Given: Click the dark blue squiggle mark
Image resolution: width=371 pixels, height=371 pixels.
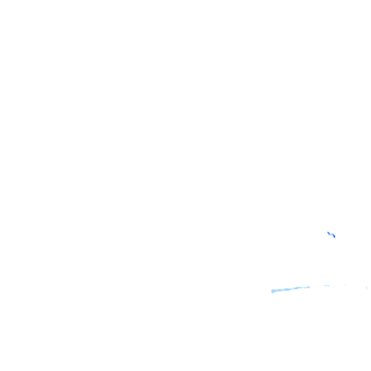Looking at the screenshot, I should (331, 234).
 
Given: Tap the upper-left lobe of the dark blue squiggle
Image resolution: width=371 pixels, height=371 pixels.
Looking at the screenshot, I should (328, 233).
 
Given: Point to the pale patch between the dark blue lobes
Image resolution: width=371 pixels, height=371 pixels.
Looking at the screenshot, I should (331, 234).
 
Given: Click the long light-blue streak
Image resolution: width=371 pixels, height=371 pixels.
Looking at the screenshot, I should (290, 289).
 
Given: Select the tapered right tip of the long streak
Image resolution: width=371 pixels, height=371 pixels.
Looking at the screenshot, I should (309, 287).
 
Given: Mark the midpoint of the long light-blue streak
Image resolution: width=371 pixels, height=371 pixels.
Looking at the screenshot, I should (291, 289).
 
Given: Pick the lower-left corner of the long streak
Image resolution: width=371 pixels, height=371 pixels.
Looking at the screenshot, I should (272, 292).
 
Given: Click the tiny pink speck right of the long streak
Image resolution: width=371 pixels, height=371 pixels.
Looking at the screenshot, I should (314, 286).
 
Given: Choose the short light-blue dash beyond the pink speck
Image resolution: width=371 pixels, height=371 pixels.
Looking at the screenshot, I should (327, 285).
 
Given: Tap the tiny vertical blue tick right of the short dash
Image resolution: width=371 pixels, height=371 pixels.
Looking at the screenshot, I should (345, 285).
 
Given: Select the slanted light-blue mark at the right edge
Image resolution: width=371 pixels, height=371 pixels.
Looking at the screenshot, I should (367, 287).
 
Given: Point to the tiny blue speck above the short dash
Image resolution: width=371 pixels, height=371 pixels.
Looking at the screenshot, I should (321, 276).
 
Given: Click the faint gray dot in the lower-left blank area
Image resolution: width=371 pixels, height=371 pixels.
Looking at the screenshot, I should (84, 330).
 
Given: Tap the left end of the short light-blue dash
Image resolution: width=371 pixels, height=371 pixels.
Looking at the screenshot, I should (324, 285).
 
